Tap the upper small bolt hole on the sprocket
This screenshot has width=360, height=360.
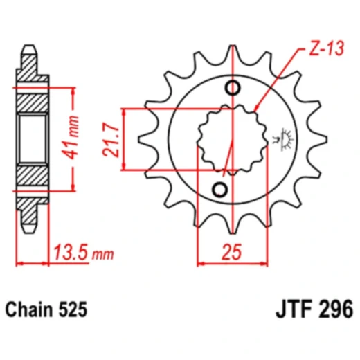(x=233, y=88)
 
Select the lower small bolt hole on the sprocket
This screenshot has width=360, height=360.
(x=221, y=190)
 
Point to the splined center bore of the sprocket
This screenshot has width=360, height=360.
(x=227, y=138)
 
